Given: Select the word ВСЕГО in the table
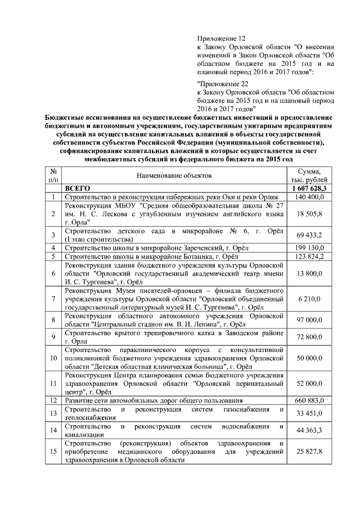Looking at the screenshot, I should point(78,188).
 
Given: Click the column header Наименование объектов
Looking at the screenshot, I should point(174,175).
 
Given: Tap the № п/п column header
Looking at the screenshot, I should point(52,175).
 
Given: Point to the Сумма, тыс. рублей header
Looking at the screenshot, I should point(308,175).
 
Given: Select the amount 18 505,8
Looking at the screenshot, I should point(309,214).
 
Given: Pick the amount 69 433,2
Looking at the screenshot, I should point(309,235).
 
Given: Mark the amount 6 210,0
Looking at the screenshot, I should point(310,299).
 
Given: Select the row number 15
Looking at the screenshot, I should point(52,452).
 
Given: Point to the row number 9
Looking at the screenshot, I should point(52,337).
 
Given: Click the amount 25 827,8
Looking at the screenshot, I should point(309,452).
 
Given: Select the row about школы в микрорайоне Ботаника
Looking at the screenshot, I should point(151,256).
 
